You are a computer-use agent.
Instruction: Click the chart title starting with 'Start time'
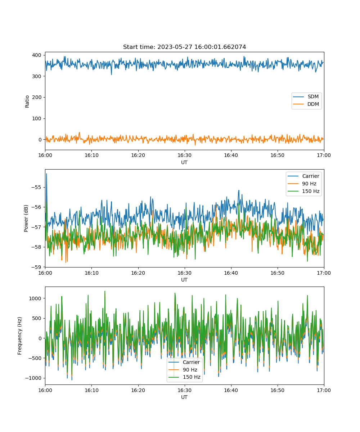tap(184, 47)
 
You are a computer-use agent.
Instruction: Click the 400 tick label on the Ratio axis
tap(37, 55)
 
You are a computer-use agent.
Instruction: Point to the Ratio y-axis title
tap(27, 102)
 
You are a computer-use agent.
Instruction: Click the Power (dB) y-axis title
tap(26, 218)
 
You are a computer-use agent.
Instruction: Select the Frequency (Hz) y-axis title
tap(19, 336)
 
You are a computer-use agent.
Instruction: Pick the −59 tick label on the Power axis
tap(36, 267)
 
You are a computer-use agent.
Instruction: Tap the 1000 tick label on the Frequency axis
tap(35, 298)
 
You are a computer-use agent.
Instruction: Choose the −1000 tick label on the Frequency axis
tap(33, 378)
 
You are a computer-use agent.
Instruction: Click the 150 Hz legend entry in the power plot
tap(303, 191)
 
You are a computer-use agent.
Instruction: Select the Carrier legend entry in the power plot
tap(303, 176)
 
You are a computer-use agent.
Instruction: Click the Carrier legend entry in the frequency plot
tap(184, 362)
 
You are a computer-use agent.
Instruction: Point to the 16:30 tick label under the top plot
tap(185, 155)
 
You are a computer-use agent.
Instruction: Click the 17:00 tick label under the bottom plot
tap(324, 390)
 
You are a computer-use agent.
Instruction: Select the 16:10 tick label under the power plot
tap(92, 273)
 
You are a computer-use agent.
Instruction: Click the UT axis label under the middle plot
tap(184, 280)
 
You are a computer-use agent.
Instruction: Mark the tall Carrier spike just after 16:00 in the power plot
tap(46, 174)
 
